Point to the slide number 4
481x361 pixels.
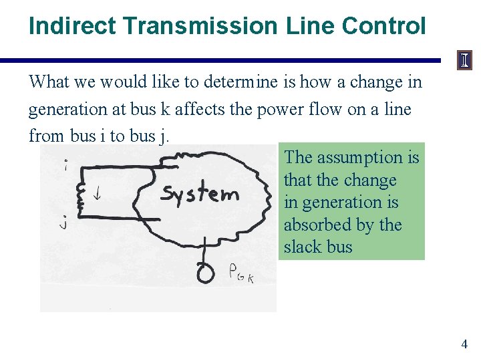pos(464,344)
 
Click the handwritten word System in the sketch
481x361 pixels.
pos(200,194)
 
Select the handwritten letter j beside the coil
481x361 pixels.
pos(63,223)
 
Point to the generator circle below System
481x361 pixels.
pos(205,272)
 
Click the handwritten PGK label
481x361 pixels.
pos(241,273)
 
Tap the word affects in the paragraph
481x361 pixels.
pos(200,109)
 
